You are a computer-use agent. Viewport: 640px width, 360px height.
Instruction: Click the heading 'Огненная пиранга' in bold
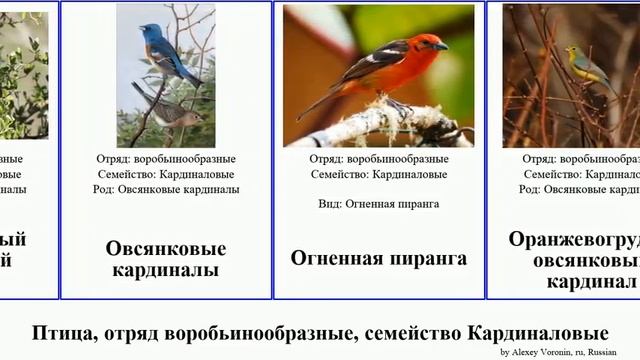(x=379, y=258)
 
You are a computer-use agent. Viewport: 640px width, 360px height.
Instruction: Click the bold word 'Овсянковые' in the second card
(x=166, y=249)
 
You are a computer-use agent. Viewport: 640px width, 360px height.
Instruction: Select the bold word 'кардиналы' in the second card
(x=166, y=270)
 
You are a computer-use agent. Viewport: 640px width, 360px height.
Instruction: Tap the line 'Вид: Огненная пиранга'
(x=379, y=203)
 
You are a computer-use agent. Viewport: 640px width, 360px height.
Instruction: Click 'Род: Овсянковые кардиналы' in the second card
(x=166, y=189)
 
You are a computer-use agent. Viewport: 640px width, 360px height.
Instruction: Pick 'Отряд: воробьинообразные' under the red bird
(x=379, y=158)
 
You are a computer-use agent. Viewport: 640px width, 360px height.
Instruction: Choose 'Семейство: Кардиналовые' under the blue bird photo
(x=166, y=174)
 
